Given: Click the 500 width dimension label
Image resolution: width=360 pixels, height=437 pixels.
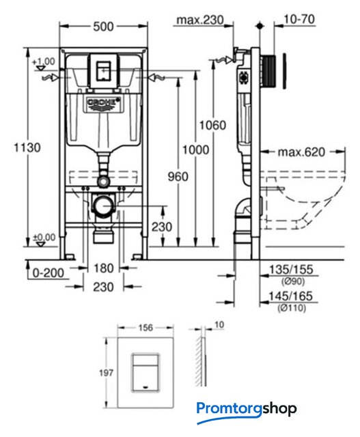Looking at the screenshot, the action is (x=103, y=27).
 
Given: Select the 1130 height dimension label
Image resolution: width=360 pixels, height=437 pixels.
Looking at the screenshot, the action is (x=27, y=147).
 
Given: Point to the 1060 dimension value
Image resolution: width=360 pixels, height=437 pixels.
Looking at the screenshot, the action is (x=212, y=125).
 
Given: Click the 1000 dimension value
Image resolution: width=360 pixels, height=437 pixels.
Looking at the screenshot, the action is (x=195, y=150).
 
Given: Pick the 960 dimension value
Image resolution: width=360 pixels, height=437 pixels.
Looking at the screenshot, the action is (x=178, y=176).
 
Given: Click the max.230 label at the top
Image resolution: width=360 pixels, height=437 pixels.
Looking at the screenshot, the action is (x=200, y=20).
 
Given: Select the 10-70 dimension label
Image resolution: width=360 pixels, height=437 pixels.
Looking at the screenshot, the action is (x=299, y=19).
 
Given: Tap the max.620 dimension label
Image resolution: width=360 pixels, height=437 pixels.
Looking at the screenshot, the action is (x=301, y=152).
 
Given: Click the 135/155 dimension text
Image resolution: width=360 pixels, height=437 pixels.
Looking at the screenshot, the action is (x=291, y=270).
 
